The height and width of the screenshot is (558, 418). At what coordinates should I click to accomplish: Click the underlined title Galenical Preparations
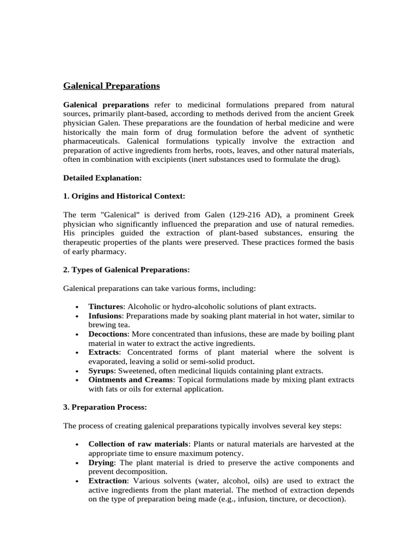click(112, 86)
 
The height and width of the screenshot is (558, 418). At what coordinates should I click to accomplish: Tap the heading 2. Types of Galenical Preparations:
click(126, 270)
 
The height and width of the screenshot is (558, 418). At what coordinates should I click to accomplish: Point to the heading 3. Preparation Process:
click(106, 407)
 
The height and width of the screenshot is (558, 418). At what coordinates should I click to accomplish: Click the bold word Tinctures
click(106, 307)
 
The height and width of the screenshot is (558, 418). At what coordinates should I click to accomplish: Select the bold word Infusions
click(106, 316)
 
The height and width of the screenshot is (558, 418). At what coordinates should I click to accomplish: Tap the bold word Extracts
click(103, 353)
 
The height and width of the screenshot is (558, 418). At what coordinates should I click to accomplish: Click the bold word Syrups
click(102, 371)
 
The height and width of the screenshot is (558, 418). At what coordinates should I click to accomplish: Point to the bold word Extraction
click(107, 481)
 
